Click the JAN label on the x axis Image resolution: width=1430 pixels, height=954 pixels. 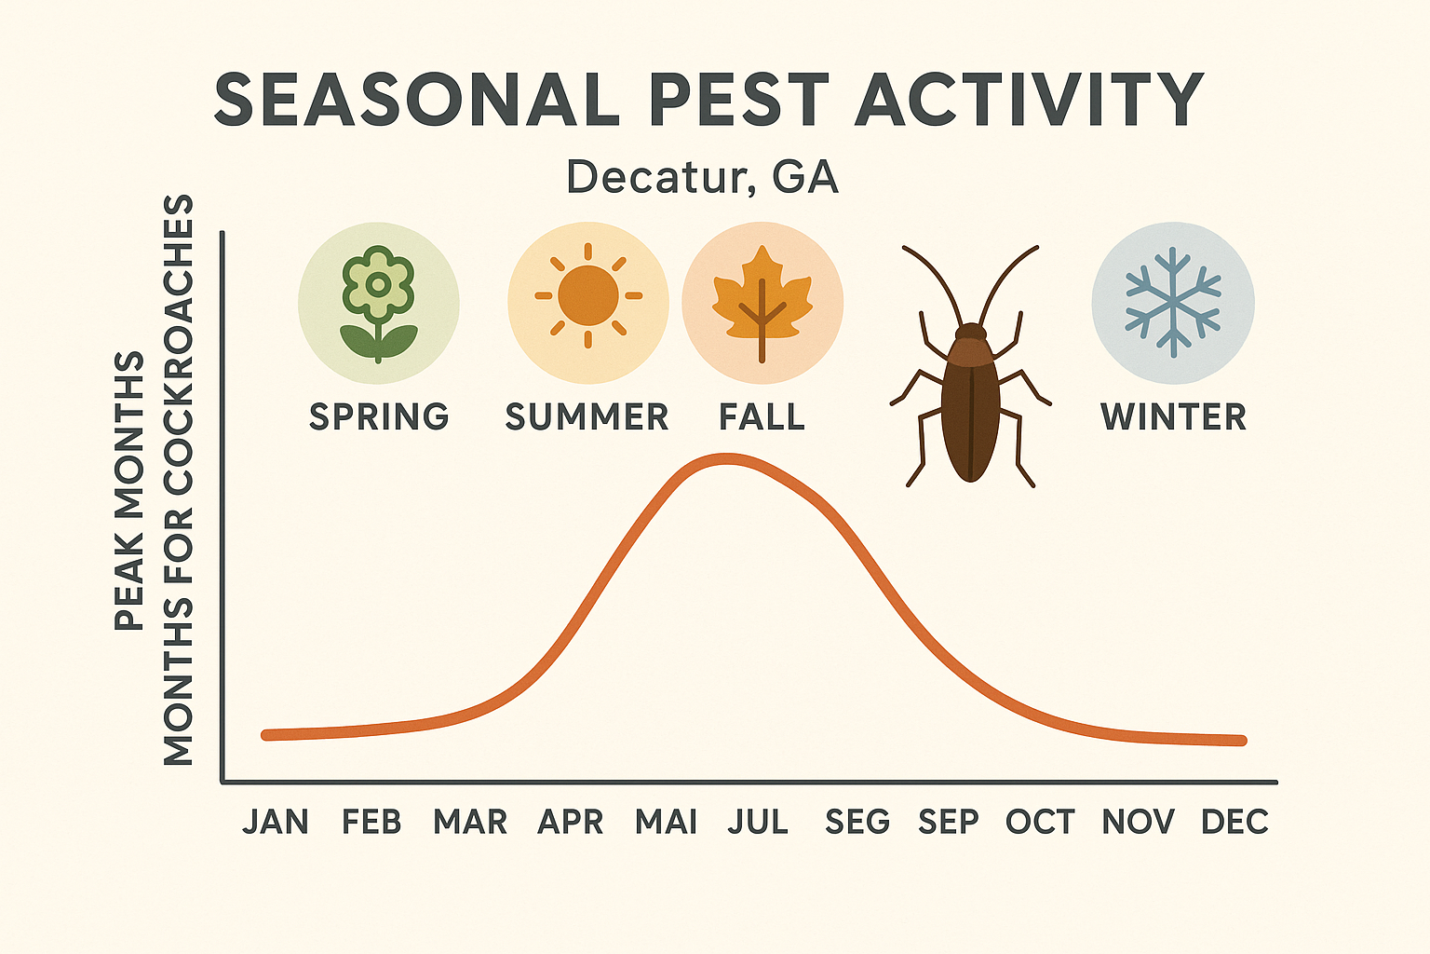click(x=276, y=822)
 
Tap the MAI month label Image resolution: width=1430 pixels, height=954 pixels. click(x=666, y=822)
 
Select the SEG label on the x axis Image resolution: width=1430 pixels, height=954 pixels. click(x=857, y=822)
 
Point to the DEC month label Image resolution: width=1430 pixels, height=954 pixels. click(x=1234, y=822)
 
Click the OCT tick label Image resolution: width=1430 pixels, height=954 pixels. click(x=1040, y=822)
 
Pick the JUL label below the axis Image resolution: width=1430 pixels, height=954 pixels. click(x=758, y=822)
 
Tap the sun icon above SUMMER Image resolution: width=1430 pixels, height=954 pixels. click(x=587, y=296)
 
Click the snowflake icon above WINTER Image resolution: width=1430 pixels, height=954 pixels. click(x=1173, y=303)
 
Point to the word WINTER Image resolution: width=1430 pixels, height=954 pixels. click(x=1173, y=416)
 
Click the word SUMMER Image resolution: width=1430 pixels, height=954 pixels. click(x=587, y=416)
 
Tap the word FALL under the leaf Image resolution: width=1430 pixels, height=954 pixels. click(x=762, y=416)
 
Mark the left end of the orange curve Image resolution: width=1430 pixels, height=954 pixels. click(x=266, y=735)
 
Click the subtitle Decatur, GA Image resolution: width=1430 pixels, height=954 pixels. click(x=703, y=177)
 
